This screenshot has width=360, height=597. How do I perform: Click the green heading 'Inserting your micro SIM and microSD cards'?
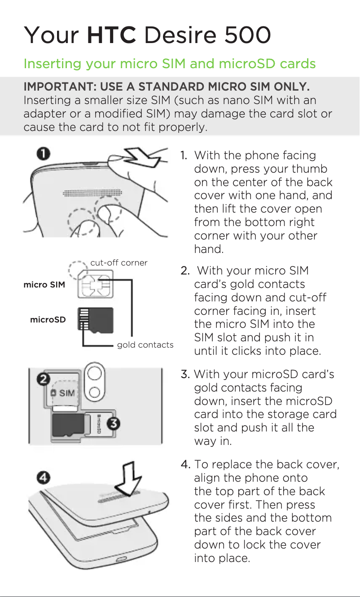pos(169,64)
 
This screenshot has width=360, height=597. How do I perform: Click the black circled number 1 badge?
pos(43,154)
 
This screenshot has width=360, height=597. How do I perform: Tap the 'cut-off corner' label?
pos(119,263)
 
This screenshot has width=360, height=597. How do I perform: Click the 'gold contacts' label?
pos(145,344)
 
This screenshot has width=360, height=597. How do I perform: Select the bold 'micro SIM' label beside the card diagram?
pos(44,285)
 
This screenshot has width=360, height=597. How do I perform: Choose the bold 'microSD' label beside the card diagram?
pos(48,320)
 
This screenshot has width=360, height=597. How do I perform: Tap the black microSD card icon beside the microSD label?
pos(95,321)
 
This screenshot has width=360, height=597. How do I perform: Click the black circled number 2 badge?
pos(43,379)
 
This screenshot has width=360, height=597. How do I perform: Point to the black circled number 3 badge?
pos(114,423)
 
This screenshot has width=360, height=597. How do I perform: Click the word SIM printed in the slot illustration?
pos(67,393)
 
